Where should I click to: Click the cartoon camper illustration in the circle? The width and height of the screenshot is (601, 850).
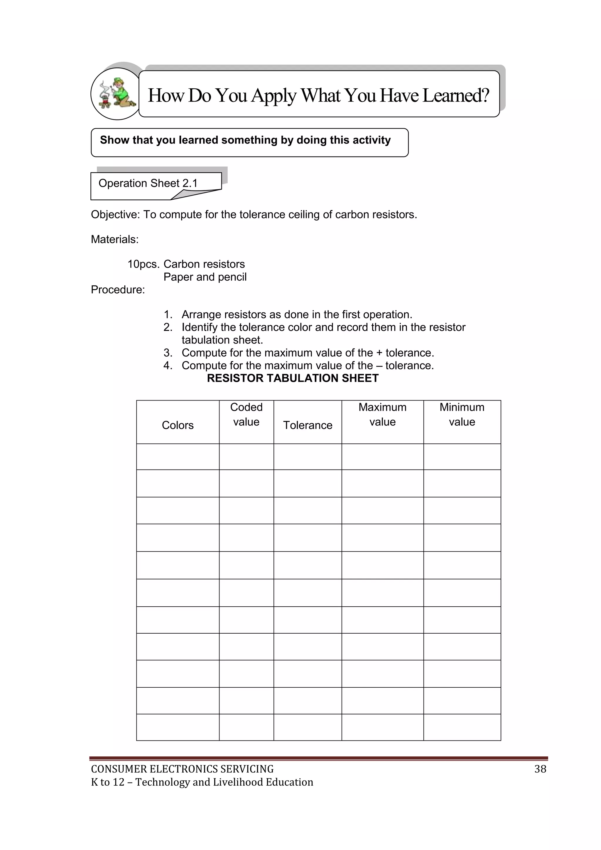(115, 94)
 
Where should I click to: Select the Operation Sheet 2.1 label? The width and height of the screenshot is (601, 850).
(148, 183)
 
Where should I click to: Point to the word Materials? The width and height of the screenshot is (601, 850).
(115, 240)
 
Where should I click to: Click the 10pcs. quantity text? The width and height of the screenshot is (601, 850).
(144, 264)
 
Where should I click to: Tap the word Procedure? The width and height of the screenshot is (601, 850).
(118, 289)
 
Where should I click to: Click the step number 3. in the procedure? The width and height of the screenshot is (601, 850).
(168, 353)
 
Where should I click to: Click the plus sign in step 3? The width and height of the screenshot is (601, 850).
(379, 353)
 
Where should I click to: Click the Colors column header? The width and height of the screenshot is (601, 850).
(178, 425)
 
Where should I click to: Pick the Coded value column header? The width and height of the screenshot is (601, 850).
(246, 414)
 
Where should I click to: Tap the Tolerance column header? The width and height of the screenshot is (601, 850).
(308, 425)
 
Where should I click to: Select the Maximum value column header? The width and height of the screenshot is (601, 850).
(382, 414)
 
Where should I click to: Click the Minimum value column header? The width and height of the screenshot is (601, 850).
(462, 414)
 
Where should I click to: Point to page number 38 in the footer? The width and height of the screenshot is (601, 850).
(540, 769)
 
